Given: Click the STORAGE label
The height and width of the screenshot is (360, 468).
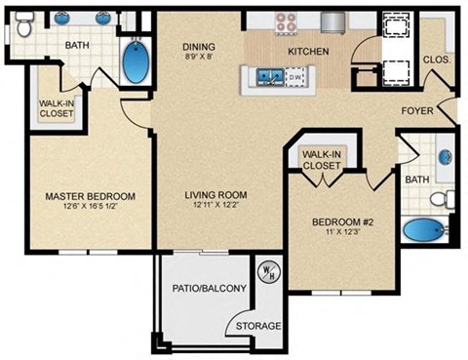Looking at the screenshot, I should point(258,326).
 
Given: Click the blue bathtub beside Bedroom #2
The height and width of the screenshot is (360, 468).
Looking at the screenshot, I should point(424,232).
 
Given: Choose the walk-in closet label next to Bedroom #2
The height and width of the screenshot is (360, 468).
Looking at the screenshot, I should point(322,160).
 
